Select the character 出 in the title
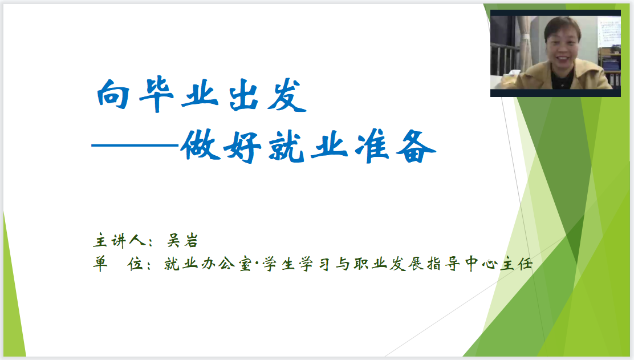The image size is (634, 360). pos(244,95)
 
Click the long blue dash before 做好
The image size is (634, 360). pos(135,145)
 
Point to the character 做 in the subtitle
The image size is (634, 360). pos(201,145)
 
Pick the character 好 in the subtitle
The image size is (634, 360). pos(243,147)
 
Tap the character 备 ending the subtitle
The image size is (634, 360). pos(416,147)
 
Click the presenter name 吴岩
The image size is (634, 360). pos(183,241)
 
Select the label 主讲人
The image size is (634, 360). pos(119,241)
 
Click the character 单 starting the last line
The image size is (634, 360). pos(100,264)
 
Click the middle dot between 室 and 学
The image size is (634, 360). pos(257,264)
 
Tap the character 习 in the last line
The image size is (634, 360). pos(324,264)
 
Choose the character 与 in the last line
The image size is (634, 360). pos(343,264)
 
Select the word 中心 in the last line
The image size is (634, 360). pos(481,264)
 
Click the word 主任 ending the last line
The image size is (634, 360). pos(517,264)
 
